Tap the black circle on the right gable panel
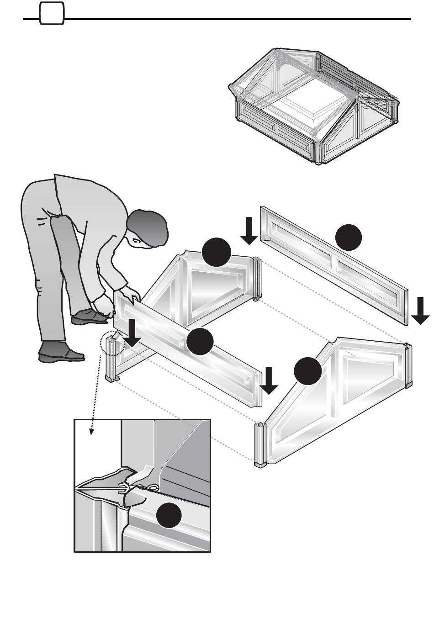[x=307, y=371]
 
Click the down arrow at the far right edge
[x=420, y=310]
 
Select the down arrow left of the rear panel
[x=249, y=230]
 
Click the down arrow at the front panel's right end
[x=269, y=380]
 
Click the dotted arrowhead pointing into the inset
[x=92, y=431]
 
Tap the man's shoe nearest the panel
[x=90, y=316]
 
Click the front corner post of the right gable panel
[x=259, y=445]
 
